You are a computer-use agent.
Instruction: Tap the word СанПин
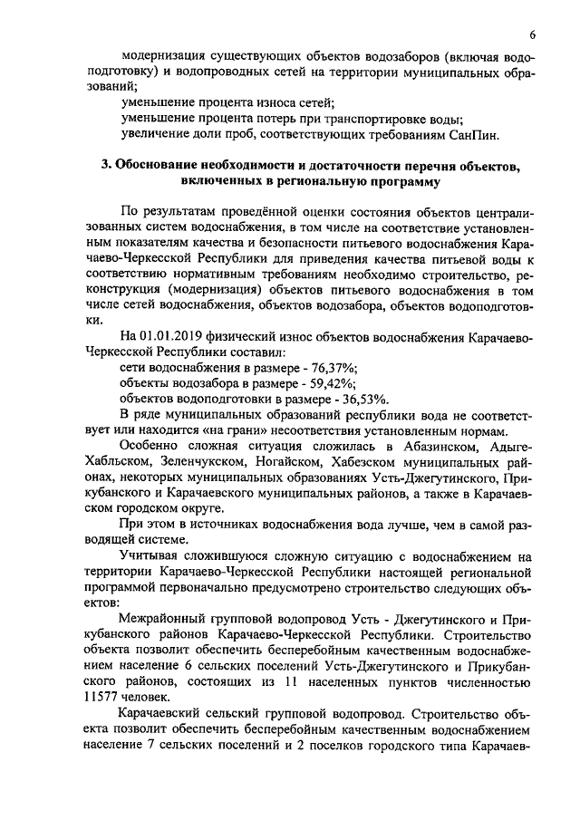(474, 135)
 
